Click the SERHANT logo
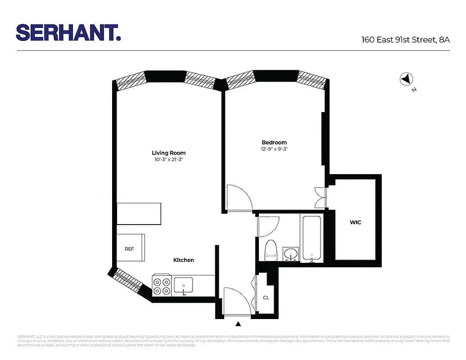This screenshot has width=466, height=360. point(68,32)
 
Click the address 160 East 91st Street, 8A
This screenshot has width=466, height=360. point(406,40)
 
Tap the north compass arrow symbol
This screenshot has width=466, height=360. point(406,79)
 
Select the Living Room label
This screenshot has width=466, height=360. point(168,153)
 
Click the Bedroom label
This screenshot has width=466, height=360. point(274,142)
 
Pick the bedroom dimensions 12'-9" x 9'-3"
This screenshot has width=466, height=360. point(274,149)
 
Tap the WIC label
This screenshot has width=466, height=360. point(355,222)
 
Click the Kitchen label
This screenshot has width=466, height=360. point(184,260)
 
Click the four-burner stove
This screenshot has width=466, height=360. point(162,285)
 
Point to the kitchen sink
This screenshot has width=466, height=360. point(183,285)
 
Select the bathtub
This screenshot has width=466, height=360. point(312,238)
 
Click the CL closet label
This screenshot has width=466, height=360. point(266,297)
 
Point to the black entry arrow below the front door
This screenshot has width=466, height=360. point(238,323)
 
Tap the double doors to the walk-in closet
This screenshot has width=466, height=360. point(321,197)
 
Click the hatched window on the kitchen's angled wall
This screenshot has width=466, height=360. point(130,282)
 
